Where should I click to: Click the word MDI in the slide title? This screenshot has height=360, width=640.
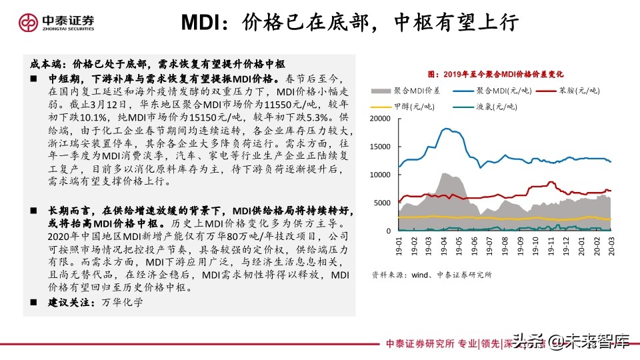(x=203, y=23)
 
